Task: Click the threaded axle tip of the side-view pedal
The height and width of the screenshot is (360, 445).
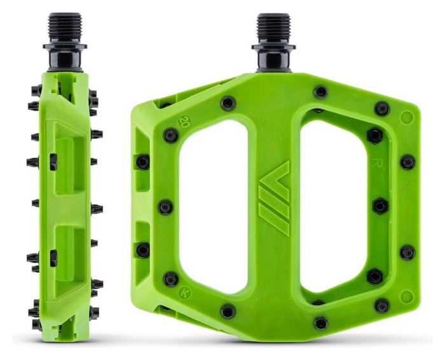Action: [x=64, y=25]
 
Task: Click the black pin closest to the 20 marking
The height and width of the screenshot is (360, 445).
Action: [x=170, y=135]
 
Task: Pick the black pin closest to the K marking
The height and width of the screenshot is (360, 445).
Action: [x=170, y=279]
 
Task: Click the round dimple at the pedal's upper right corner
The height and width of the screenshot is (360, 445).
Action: [x=407, y=118]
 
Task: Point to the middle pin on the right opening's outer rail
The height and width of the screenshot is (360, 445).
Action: [x=380, y=206]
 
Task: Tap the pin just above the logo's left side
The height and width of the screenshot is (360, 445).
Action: [x=227, y=103]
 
